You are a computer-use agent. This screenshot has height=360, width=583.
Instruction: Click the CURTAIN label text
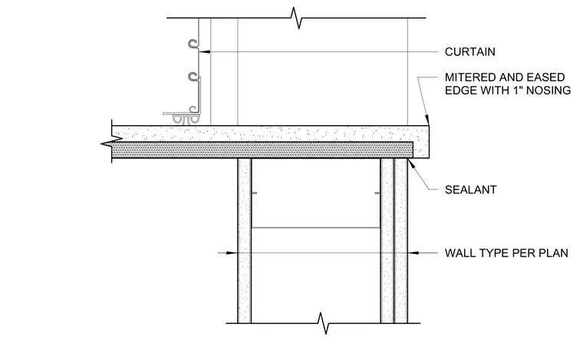click(x=470, y=51)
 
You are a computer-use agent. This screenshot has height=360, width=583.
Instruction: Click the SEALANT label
click(x=471, y=190)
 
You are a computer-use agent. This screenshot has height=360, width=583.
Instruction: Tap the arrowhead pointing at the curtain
click(x=204, y=51)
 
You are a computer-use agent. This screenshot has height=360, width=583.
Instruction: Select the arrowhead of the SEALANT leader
click(x=412, y=164)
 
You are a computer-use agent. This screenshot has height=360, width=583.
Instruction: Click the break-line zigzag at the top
click(x=296, y=18)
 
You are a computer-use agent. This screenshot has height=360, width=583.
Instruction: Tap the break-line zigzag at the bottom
click(x=323, y=323)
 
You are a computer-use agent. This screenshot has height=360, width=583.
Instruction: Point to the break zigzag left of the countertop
click(x=111, y=141)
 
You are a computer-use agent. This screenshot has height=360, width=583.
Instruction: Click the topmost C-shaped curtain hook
click(x=193, y=44)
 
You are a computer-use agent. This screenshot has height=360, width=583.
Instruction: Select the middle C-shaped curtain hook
click(x=193, y=77)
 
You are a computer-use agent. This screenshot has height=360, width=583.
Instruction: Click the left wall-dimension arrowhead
click(x=232, y=253)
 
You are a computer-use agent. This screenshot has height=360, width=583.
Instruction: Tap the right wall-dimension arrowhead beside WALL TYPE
click(x=413, y=253)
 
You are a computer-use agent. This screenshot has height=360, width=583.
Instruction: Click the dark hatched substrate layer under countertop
click(x=262, y=150)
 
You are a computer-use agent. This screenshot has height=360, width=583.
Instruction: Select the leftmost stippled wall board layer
click(x=244, y=240)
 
